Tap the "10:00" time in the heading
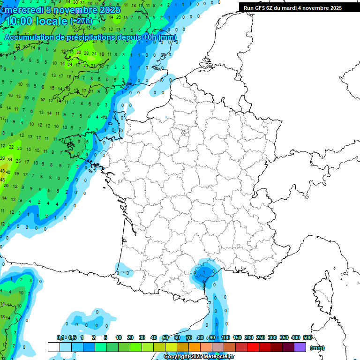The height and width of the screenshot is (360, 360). tap(20, 21)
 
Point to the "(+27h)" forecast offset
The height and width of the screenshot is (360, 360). tap(81, 21)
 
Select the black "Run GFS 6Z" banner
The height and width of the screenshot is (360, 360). tap(299, 7)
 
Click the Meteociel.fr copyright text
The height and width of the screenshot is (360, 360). tap(199, 356)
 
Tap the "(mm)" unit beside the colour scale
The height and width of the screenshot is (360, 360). tap(317, 348)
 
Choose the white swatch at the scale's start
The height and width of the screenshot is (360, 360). tap(53, 347)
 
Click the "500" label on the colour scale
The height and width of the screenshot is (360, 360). tap(307, 337)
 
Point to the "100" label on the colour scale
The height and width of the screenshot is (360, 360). tap(225, 337)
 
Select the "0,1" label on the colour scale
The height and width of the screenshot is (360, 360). tap(60, 337)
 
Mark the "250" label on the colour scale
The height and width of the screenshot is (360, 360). tap(261, 337)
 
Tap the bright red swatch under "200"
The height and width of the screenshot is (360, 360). tap(253, 347)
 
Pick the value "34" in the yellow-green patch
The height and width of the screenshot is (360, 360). tap(10, 159)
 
